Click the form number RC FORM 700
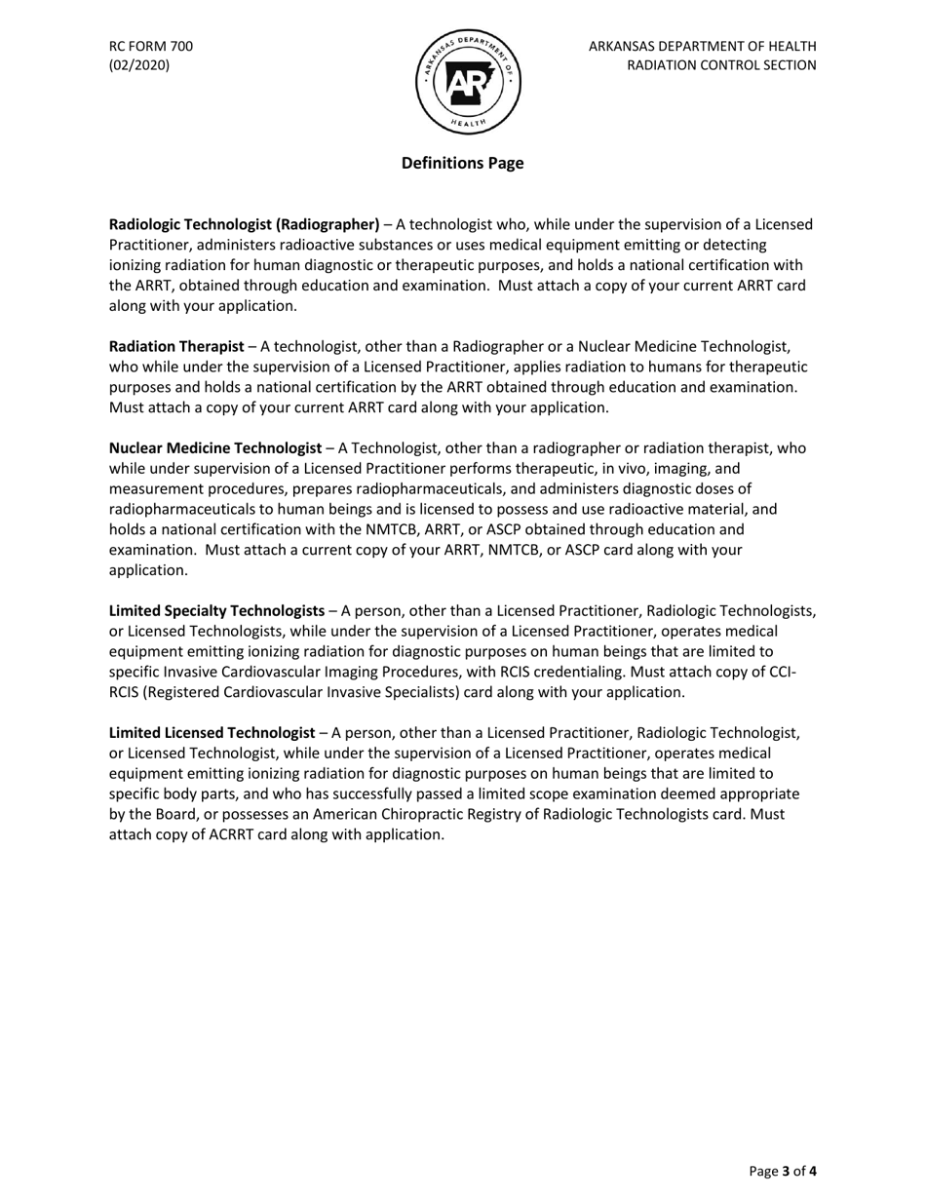[x=150, y=46]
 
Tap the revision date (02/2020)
[x=139, y=65]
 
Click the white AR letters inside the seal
[x=468, y=83]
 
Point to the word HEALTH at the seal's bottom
[x=469, y=124]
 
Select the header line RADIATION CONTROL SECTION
[x=721, y=65]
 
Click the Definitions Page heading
[x=462, y=163]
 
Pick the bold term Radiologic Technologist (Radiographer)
[x=244, y=224]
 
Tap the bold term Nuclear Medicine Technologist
[x=214, y=448]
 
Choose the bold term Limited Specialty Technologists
[x=216, y=611]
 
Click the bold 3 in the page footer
[x=786, y=1171]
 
